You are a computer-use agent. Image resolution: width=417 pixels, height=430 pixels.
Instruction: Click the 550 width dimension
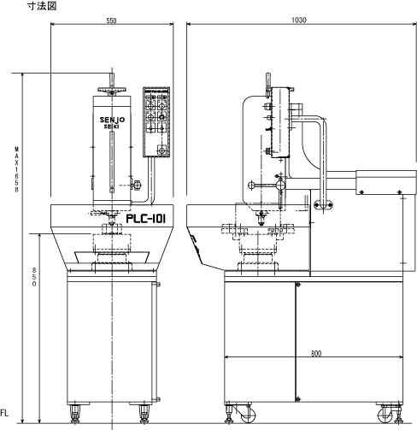pos(111,21)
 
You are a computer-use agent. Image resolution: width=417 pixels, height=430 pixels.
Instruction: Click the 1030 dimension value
pos(299,21)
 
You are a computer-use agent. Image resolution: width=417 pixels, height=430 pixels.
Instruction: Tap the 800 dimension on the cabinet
pos(316,354)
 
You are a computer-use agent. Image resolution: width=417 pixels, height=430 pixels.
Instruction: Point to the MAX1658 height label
pos(17,169)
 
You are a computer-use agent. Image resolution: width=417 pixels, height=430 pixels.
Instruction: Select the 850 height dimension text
pos(34,277)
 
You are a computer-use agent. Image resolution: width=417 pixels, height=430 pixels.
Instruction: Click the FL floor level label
pos(4,413)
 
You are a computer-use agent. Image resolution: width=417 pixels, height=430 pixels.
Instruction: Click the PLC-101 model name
pos(145,219)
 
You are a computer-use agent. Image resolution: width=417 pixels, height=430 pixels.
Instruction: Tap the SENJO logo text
pos(112,120)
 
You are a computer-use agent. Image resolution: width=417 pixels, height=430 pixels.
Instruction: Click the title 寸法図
pos(42,6)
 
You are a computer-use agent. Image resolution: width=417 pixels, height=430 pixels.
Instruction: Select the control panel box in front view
pos(156,122)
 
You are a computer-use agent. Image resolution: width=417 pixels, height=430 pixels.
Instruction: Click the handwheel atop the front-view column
pos(112,90)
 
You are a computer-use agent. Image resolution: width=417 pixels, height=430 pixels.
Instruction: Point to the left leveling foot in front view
pos(75,413)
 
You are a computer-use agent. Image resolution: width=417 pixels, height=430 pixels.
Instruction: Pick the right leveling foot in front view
pos(144,413)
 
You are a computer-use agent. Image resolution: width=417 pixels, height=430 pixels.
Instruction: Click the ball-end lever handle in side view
pos(267,186)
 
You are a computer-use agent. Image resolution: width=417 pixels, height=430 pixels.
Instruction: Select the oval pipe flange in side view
pos(323,204)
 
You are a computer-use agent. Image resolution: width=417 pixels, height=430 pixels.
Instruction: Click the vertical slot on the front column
pos(112,162)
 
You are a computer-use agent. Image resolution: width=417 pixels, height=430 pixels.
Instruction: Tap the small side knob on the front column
pos(137,186)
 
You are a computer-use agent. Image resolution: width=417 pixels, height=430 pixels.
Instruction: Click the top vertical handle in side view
pos(268,80)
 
